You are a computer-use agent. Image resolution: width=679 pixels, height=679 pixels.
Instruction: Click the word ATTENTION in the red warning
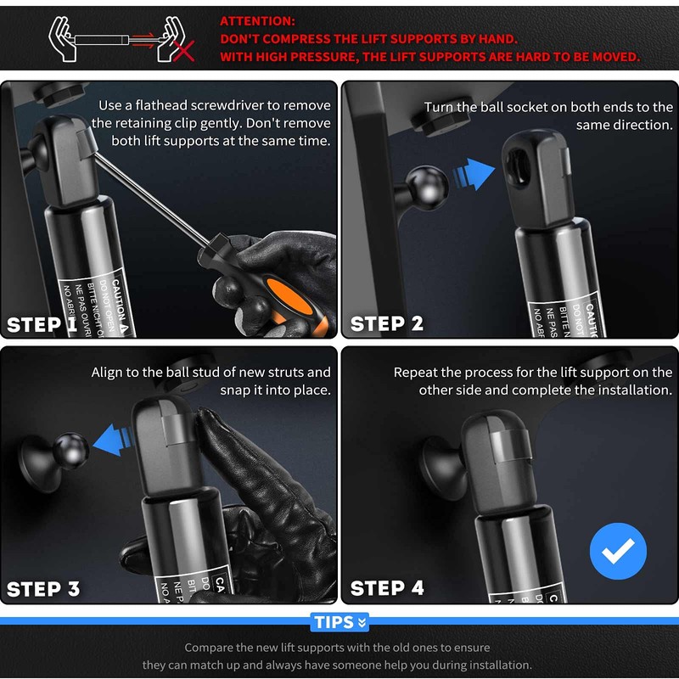pos(257,21)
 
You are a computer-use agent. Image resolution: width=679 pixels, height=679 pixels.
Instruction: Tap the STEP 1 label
pos(42,324)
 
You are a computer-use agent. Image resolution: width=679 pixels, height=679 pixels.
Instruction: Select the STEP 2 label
pos(386,324)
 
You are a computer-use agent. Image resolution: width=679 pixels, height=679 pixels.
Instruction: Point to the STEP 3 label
pos(43,589)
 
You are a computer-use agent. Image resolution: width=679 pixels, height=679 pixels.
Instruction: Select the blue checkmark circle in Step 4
pos(618,551)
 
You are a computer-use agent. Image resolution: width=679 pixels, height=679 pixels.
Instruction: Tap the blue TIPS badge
pos(339,622)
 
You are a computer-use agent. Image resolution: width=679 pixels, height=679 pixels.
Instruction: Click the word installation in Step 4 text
pos(632,390)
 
